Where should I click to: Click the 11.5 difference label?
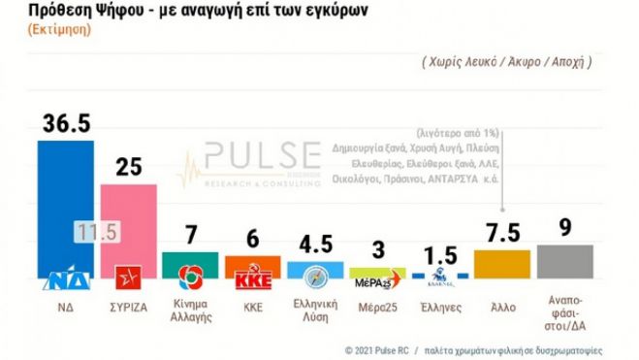click(96, 233)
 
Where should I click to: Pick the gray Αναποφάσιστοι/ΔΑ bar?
click(564, 261)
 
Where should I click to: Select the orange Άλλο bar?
click(501, 264)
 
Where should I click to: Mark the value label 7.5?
click(502, 233)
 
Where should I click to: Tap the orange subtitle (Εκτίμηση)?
click(44, 30)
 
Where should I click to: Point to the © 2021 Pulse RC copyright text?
click(380, 348)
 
